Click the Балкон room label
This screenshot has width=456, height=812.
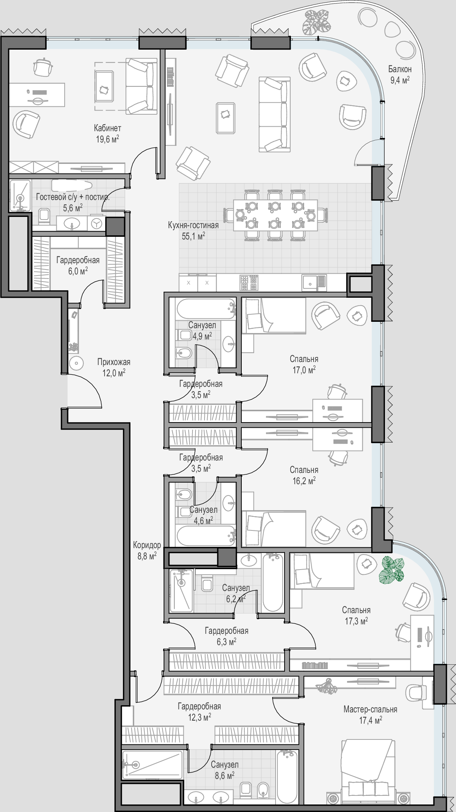400,69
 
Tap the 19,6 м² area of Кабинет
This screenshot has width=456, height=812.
108,139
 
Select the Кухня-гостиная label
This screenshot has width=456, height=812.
193,226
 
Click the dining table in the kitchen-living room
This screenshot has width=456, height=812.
275,215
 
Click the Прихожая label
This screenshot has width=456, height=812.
114,362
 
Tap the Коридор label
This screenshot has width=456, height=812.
147,545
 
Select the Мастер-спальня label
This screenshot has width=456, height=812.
370,709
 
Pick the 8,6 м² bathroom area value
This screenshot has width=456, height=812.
225,775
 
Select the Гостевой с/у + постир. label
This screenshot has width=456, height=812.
73,197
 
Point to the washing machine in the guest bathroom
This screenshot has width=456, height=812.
97,224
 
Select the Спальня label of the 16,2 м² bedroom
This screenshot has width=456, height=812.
304,470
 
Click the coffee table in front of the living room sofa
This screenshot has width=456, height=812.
226,118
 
